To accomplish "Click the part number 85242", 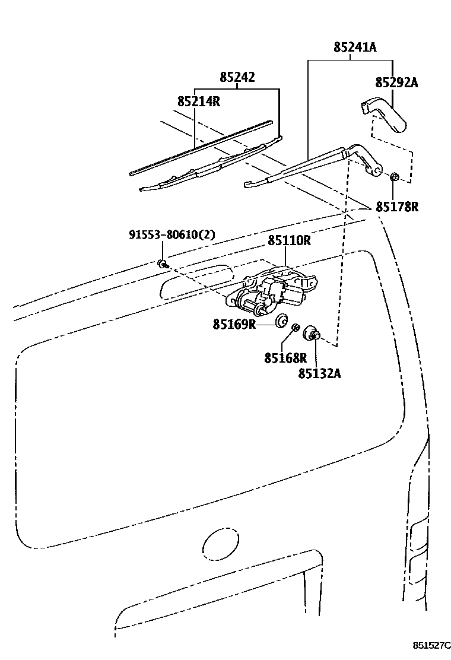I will (237, 77).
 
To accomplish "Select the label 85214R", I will (199, 101).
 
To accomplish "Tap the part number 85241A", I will (355, 47).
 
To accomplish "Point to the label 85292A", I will (396, 82).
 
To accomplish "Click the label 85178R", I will (397, 207).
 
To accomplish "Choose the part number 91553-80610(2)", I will (172, 235).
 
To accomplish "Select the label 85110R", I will (290, 241).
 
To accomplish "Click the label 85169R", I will (234, 324).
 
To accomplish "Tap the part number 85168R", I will (285, 358).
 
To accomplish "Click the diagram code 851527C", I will (431, 645).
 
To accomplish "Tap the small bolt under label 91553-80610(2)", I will (162, 264).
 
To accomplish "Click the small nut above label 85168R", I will (296, 328).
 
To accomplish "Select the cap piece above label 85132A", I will (312, 334).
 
